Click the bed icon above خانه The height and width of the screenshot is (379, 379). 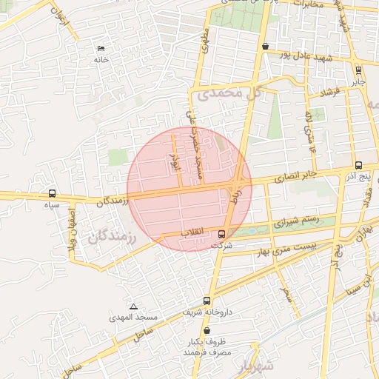click(x=101, y=49)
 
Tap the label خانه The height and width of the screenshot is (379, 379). click(x=101, y=59)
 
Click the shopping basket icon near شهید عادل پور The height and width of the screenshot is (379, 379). click(x=265, y=46)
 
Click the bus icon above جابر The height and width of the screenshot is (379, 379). click(x=359, y=71)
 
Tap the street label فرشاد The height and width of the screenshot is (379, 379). click(x=329, y=93)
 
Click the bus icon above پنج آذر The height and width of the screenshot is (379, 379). click(x=359, y=166)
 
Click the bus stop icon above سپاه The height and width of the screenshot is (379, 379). click(x=51, y=193)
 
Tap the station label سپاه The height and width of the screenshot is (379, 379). click(x=51, y=204)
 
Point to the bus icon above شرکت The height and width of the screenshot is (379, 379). click(x=222, y=234)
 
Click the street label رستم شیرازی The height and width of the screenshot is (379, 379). click(x=297, y=221)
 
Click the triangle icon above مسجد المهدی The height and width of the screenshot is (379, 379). click(x=133, y=306)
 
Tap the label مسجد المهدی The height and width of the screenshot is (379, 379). click(x=137, y=317)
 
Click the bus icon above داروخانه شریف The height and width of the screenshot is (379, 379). click(x=207, y=301)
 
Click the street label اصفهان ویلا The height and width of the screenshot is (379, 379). click(x=74, y=237)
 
